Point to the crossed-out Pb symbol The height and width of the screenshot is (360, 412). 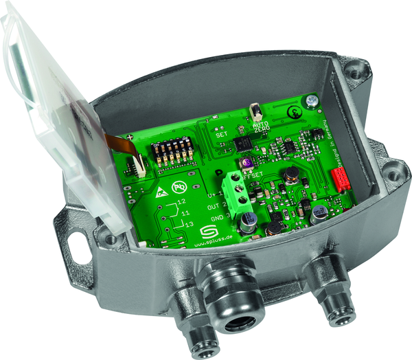(180, 185)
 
